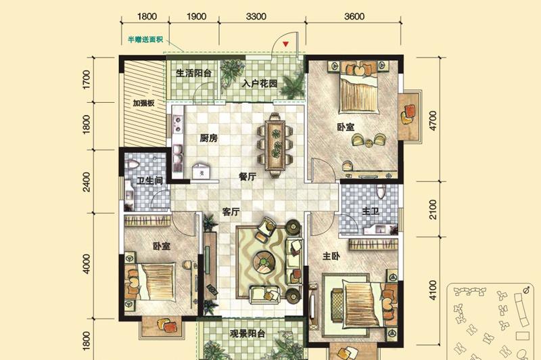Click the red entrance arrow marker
click(x=285, y=44)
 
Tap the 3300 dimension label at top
click(x=256, y=16)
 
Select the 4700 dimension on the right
click(x=432, y=120)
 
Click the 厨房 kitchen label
click(x=209, y=139)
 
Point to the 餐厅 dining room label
click(x=248, y=177)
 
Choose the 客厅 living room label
click(x=231, y=212)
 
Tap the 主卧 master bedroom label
click(x=331, y=256)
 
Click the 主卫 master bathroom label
click(x=370, y=211)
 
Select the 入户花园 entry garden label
click(x=260, y=83)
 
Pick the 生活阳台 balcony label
click(x=193, y=73)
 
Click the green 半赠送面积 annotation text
click(x=145, y=40)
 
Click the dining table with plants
click(x=275, y=145)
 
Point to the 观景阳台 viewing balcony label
click(x=248, y=334)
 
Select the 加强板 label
click(x=143, y=103)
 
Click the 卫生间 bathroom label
click(x=149, y=181)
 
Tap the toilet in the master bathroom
click(x=381, y=192)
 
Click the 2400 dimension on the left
click(x=87, y=182)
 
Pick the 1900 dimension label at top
click(x=196, y=16)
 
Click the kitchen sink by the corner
click(x=201, y=171)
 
